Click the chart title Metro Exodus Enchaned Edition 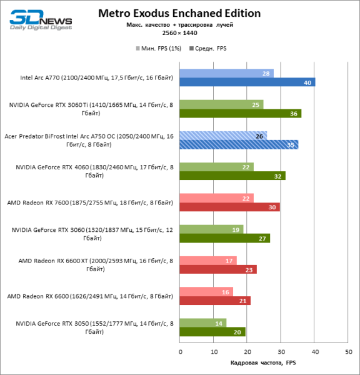click(x=180, y=13)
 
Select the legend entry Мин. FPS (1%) click(x=157, y=47)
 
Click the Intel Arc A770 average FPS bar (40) click(x=247, y=82)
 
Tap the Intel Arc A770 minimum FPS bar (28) click(x=226, y=73)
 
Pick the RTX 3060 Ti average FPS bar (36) click(x=240, y=113)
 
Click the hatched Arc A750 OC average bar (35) click(x=238, y=144)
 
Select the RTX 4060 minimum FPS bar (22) click(x=216, y=167)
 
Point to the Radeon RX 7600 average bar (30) click(x=229, y=207)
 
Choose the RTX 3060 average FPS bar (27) click(x=224, y=238)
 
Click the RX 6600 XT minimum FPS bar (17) click(x=208, y=261)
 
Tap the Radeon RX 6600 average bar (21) click(x=215, y=301)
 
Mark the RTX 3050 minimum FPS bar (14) click(x=203, y=323)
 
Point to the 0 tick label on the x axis click(x=180, y=352)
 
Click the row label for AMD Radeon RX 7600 click(x=89, y=202)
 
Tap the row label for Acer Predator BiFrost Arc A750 click(x=89, y=140)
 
